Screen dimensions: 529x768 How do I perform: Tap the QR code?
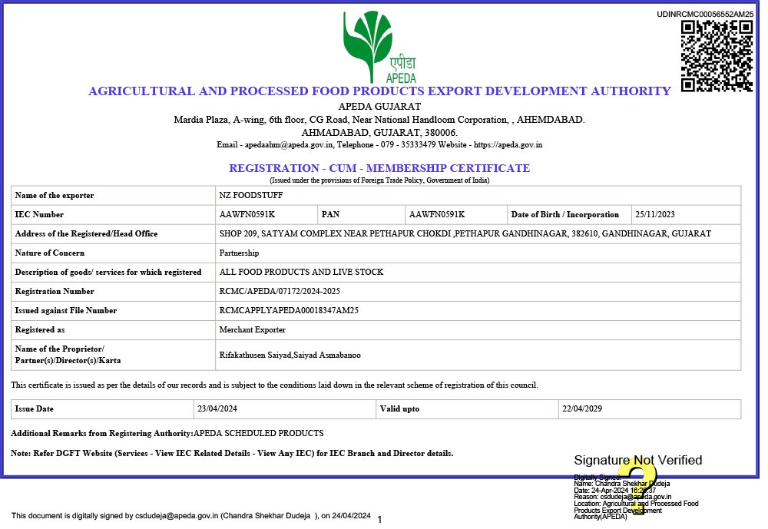717,56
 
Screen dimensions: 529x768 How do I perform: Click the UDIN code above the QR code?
705,15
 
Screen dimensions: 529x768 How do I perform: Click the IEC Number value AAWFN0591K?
247,215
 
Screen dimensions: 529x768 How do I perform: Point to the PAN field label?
330,215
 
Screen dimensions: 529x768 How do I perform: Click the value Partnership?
239,253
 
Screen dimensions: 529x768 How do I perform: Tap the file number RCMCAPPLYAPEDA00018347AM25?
289,311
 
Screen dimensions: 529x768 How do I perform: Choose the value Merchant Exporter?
252,330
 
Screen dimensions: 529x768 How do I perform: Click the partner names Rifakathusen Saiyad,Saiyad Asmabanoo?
290,355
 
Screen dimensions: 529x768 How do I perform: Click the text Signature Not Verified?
637,461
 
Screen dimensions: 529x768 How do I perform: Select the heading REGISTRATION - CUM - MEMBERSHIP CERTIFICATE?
379,168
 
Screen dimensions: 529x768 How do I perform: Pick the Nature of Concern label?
50,253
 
